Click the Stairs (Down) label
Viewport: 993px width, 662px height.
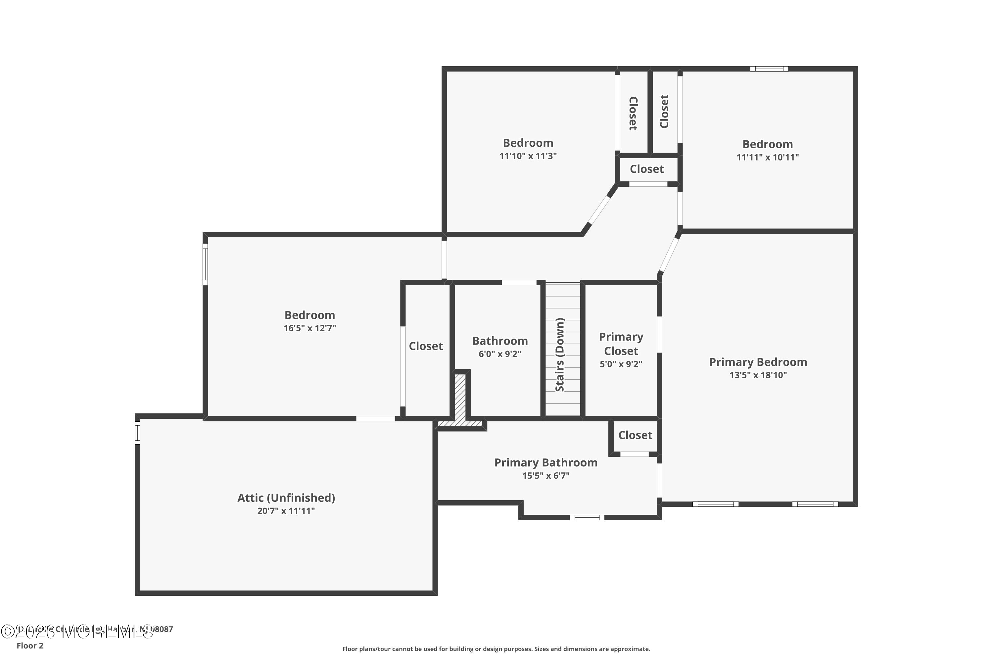click(559, 355)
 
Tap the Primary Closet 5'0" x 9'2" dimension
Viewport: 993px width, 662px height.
click(621, 364)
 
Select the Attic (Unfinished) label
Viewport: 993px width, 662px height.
click(286, 498)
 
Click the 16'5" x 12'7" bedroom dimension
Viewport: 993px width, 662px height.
click(309, 328)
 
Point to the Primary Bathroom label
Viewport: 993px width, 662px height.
click(545, 462)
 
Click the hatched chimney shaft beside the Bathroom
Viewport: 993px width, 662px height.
click(460, 397)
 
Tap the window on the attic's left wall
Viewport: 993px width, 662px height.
click(137, 433)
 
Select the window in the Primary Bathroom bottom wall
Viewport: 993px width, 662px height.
click(587, 517)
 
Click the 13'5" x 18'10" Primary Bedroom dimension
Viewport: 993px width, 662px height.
click(758, 375)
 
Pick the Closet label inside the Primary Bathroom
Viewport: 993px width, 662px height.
click(635, 435)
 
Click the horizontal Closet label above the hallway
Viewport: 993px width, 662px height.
click(646, 169)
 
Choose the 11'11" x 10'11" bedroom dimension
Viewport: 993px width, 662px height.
click(767, 157)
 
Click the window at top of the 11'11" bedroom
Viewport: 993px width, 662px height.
click(769, 69)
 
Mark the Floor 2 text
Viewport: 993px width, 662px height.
click(30, 645)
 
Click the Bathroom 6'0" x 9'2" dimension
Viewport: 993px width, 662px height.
click(499, 354)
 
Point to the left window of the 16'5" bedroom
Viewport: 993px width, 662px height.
click(205, 264)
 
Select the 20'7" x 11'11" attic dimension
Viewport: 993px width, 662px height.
click(286, 511)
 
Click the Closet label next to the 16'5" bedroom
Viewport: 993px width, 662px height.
click(426, 346)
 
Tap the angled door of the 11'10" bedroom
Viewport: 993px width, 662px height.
click(599, 210)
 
